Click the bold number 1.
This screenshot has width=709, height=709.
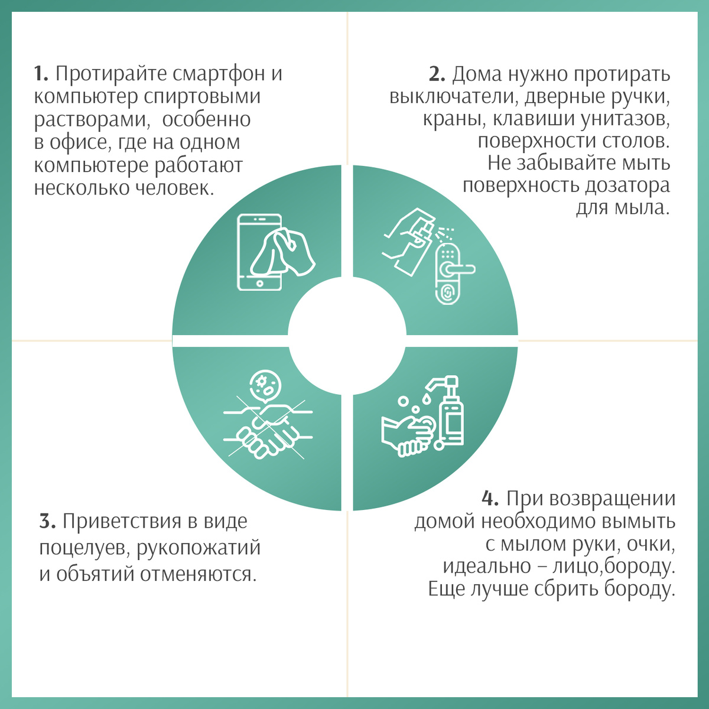41,74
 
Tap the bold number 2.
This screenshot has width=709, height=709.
437,74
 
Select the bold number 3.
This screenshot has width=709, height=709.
47,521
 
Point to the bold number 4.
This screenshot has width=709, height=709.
490,499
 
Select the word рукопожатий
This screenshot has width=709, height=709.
199,548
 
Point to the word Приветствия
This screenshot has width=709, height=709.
122,521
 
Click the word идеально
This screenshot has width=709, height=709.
487,566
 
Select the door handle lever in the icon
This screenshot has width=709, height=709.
460,269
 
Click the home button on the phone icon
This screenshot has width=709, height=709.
260,284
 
